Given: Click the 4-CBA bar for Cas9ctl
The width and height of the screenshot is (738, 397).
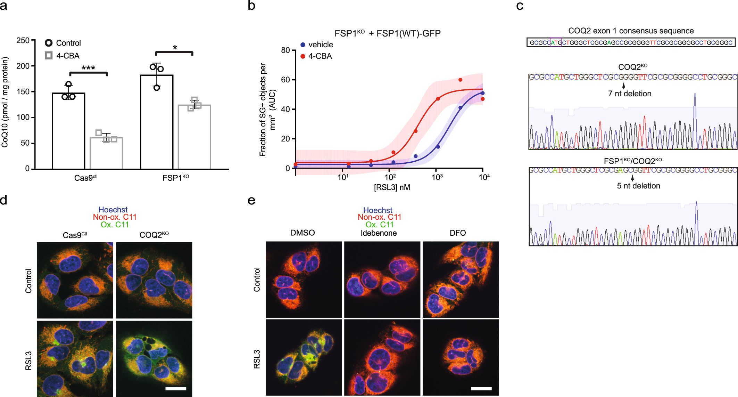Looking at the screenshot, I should click(x=106, y=153).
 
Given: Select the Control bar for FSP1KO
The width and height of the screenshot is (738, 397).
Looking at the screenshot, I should click(x=157, y=122).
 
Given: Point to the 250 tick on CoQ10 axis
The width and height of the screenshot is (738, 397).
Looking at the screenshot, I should click(x=23, y=40).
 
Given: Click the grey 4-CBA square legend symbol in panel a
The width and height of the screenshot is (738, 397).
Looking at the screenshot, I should click(x=49, y=56).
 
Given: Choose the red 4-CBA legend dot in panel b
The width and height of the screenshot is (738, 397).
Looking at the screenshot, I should click(x=303, y=56).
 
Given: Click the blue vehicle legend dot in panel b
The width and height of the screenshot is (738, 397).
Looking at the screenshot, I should click(x=303, y=45).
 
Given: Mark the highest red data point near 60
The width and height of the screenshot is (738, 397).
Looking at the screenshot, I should click(x=460, y=80).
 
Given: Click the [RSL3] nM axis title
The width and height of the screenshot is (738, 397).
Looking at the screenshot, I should click(x=392, y=188).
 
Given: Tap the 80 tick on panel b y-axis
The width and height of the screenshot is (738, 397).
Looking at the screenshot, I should click(x=285, y=50).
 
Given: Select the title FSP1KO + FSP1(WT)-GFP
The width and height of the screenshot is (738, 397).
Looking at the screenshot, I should click(x=387, y=33).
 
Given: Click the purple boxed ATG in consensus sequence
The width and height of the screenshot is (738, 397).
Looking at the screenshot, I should click(x=556, y=43).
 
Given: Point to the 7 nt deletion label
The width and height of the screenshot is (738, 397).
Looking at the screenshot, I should click(x=629, y=94).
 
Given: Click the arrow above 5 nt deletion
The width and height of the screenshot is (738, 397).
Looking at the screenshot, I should click(x=632, y=178).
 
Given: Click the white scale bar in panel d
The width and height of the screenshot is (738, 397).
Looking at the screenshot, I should click(x=176, y=389).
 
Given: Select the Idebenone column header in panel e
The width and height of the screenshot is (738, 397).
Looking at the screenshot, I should click(x=379, y=233).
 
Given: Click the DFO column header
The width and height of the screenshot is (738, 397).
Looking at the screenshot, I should click(x=457, y=233).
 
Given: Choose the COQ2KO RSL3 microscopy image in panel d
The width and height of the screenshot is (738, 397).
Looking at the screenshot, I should click(x=154, y=358).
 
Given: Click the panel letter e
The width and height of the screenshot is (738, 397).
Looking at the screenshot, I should click(x=251, y=201).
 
